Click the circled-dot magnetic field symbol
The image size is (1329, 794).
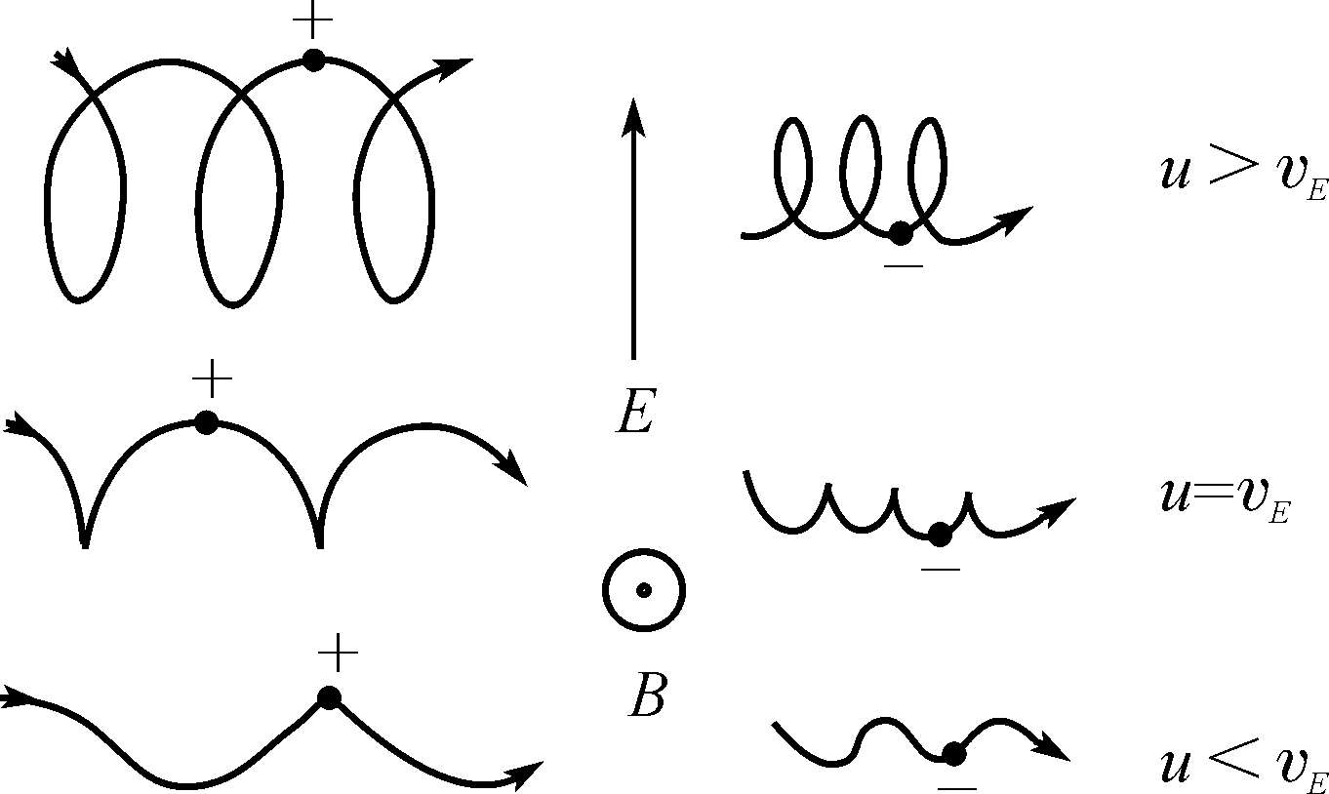point(643,589)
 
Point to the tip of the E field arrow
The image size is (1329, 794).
point(633,101)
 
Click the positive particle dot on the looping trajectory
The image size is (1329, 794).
point(312,60)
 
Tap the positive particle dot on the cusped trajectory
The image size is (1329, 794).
point(206,422)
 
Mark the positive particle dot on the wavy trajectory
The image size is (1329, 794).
point(329,697)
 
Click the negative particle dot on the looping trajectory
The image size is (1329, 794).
point(901,233)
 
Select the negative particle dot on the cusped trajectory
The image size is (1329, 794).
point(940,535)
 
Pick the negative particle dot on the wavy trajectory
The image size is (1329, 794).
point(954,753)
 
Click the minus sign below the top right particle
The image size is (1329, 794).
point(904,265)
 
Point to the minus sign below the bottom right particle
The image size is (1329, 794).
point(957,786)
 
